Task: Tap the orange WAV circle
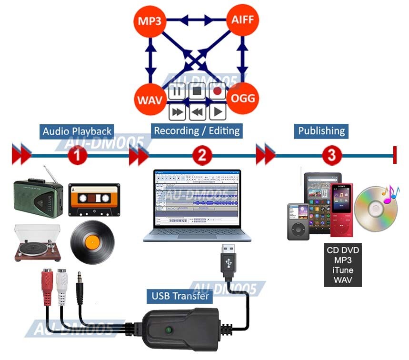(149, 99)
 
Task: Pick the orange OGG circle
(242, 99)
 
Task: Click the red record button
(218, 91)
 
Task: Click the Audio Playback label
(77, 131)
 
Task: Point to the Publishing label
(321, 130)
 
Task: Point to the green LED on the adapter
(168, 330)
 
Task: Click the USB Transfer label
(180, 296)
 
